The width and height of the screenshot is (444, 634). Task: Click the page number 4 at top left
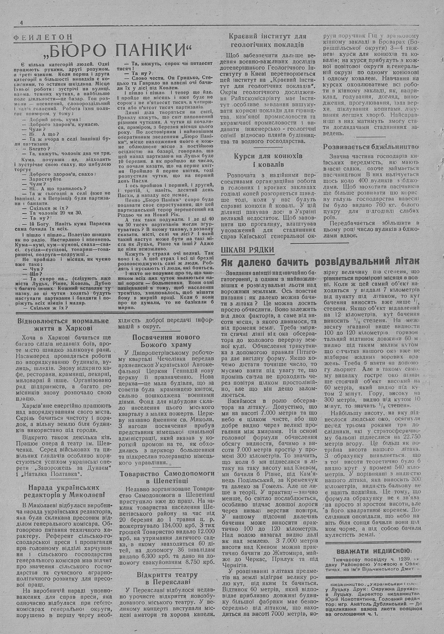click(x=21, y=23)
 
